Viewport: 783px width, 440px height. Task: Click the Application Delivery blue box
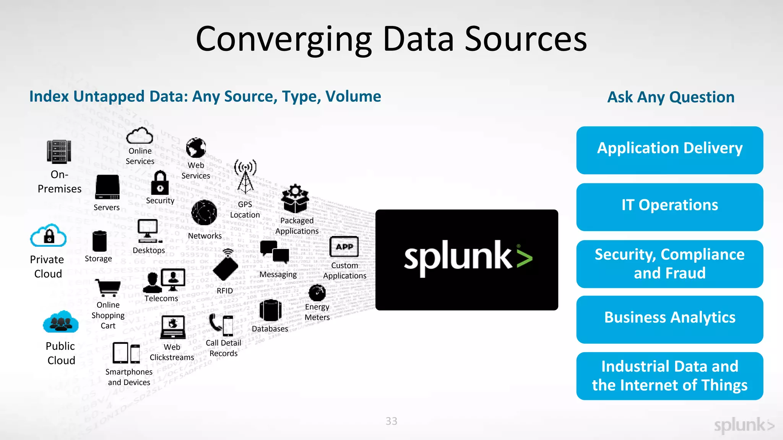click(669, 150)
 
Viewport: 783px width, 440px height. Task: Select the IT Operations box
click(669, 207)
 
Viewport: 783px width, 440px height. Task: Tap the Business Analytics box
click(669, 319)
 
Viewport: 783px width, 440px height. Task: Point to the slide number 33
click(391, 421)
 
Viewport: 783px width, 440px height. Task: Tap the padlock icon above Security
click(160, 183)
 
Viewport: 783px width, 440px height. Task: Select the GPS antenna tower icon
click(245, 177)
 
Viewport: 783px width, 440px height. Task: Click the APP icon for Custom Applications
click(344, 247)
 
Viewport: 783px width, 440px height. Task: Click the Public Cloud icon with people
click(61, 322)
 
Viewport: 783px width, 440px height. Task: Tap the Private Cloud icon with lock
click(49, 236)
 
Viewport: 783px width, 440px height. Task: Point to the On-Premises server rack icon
click(59, 152)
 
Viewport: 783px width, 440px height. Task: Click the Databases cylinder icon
click(270, 310)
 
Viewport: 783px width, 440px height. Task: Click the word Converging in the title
click(284, 39)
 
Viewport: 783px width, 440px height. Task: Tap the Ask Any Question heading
click(671, 97)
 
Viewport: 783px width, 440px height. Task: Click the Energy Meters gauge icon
click(317, 293)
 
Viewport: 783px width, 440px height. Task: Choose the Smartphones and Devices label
click(129, 377)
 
